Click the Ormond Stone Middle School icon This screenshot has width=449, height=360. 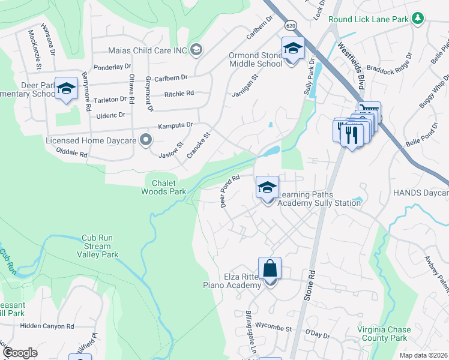[x=293, y=48]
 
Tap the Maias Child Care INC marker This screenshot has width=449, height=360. [x=196, y=50]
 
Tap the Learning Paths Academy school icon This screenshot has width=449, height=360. [x=267, y=188]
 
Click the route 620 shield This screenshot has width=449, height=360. [x=291, y=26]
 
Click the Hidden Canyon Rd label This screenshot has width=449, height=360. [x=46, y=326]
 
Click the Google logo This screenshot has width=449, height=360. [x=20, y=353]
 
